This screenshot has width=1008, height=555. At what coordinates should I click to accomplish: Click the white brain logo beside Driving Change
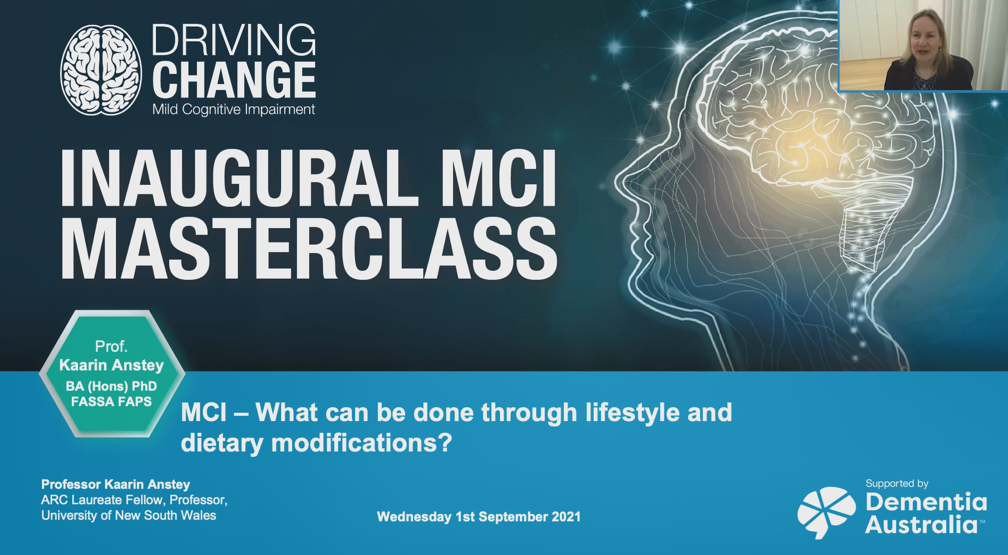(x=101, y=69)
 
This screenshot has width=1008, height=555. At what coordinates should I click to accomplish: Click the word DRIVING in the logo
(x=233, y=40)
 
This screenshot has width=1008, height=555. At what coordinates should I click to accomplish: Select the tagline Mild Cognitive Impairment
(x=233, y=109)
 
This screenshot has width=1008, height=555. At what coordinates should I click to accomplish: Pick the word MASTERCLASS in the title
(x=309, y=250)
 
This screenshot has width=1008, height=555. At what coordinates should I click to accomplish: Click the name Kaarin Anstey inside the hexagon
(x=112, y=365)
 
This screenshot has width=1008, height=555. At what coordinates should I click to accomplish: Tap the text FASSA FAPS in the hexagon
(x=112, y=402)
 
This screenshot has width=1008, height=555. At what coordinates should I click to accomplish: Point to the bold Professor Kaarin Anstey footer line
(x=116, y=485)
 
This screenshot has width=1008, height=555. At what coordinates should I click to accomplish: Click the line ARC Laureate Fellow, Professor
(x=134, y=500)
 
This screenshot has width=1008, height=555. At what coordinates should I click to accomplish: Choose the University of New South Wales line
(x=129, y=516)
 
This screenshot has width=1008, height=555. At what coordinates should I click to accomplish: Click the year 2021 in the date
(x=565, y=517)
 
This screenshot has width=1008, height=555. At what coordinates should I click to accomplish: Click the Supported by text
(x=897, y=484)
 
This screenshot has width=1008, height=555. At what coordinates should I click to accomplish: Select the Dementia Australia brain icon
(x=826, y=513)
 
